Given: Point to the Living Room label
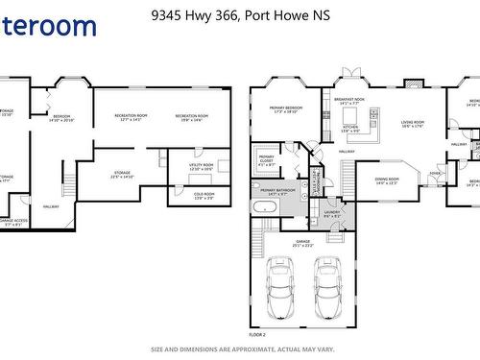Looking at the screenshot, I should pos(413,124).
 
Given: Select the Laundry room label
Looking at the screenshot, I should pos(332,213).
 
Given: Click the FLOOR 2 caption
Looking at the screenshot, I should pos(256,335).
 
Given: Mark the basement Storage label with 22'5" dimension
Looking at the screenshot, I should pos(123,175).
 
